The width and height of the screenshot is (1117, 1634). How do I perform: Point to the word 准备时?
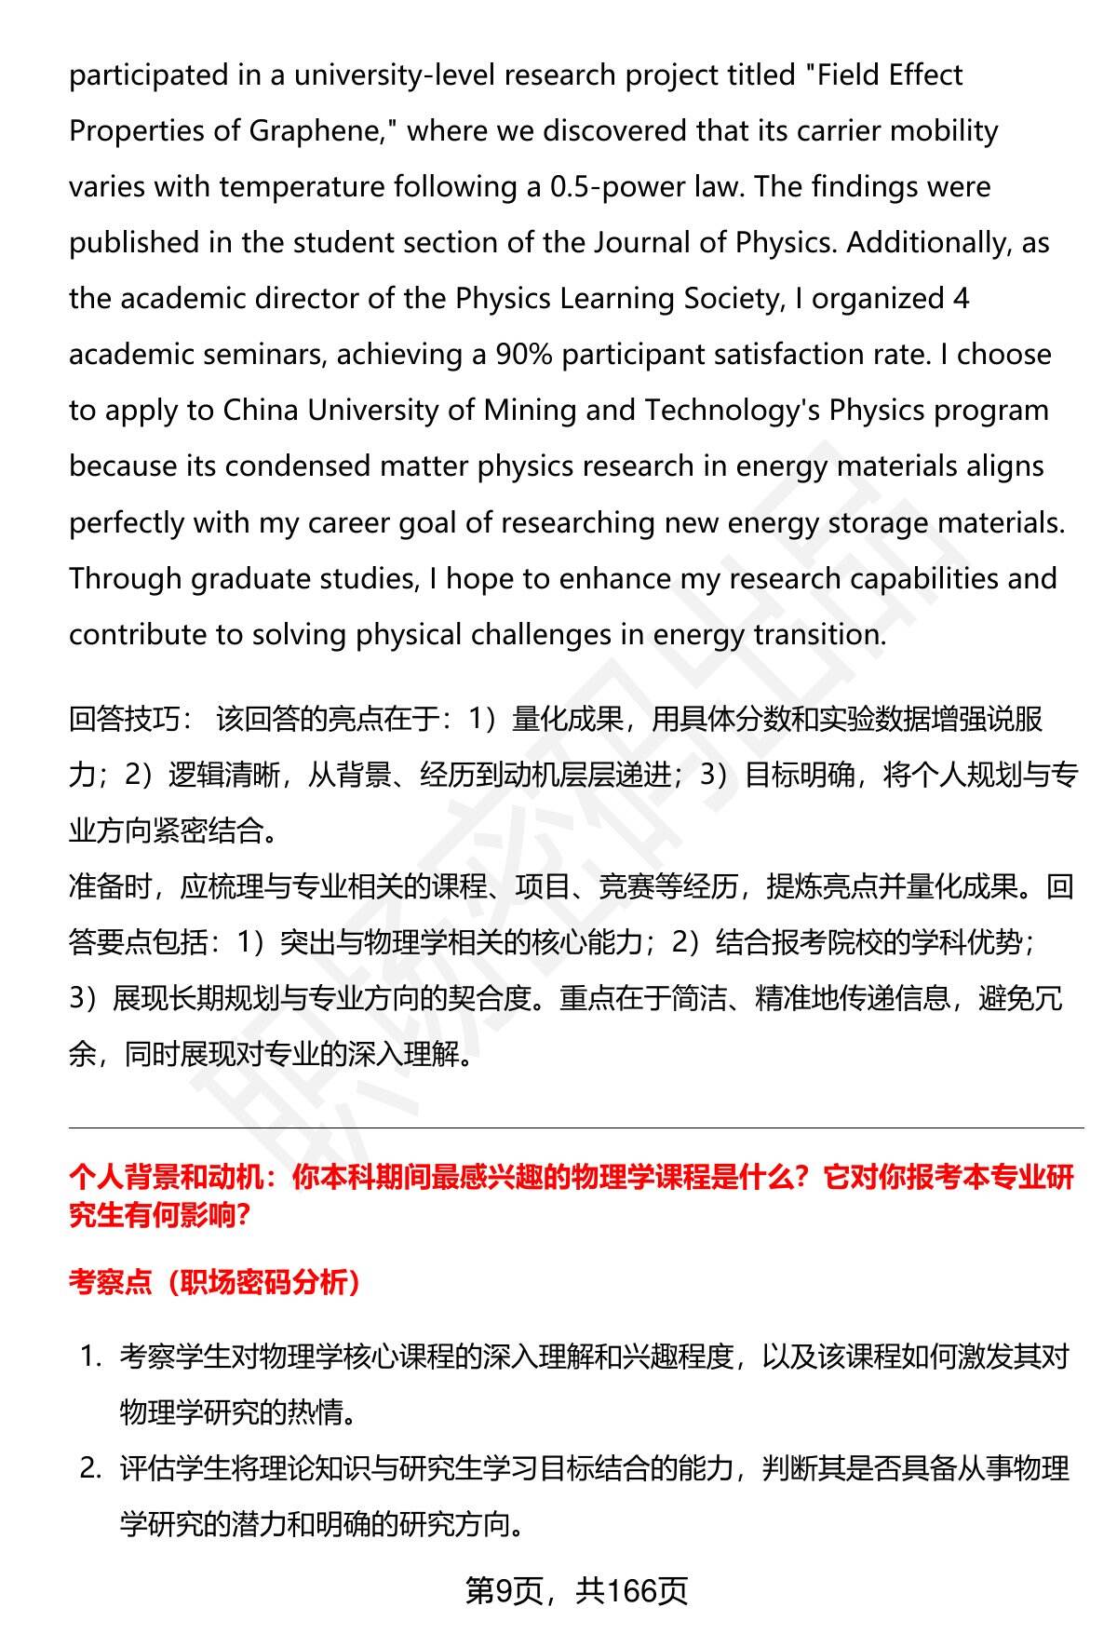click(x=110, y=887)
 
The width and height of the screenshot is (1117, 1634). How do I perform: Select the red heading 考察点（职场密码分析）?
click(x=215, y=1283)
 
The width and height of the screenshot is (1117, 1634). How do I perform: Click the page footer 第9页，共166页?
click(x=576, y=1590)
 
